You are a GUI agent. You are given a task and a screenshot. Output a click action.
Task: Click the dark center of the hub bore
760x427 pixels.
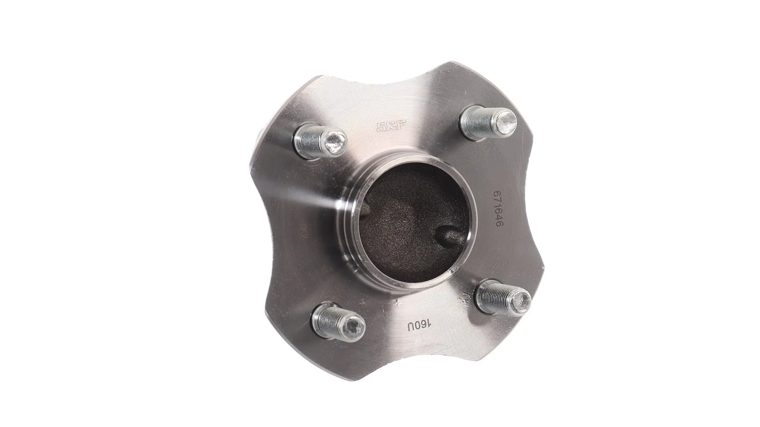click(x=412, y=225)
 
